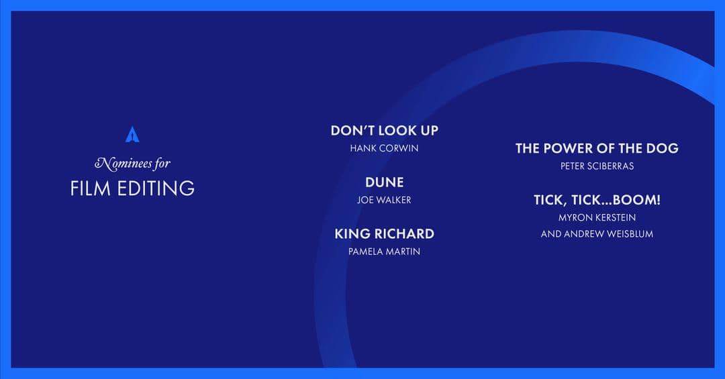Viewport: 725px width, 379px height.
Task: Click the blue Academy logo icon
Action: point(132,134)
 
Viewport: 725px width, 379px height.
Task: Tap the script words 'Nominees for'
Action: point(132,163)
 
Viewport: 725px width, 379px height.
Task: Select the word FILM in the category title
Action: point(91,188)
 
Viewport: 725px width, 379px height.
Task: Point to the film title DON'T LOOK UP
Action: point(384,130)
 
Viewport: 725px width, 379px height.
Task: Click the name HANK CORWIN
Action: point(384,148)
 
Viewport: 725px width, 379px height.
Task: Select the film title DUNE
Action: point(384,182)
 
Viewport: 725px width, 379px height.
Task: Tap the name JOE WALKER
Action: point(384,200)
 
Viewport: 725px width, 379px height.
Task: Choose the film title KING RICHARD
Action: point(384,233)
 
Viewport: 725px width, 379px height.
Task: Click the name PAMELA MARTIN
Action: point(384,252)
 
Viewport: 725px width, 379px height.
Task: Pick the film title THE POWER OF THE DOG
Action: point(597,148)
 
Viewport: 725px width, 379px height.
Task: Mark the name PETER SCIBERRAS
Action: point(597,166)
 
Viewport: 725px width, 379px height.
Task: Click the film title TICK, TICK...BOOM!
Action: point(597,200)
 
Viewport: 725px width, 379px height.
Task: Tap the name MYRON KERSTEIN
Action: point(597,218)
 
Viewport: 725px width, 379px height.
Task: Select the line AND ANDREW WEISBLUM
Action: point(597,234)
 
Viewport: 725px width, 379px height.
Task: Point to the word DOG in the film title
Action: point(663,148)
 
